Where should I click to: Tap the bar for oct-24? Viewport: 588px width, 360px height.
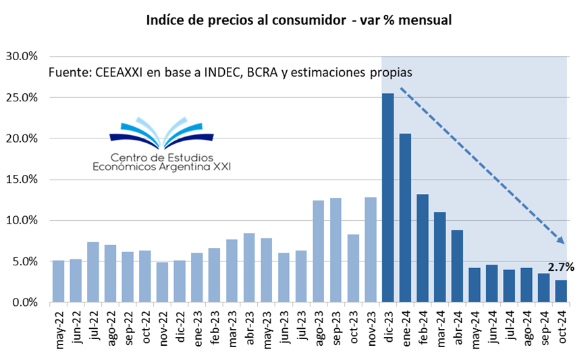(x=561, y=291)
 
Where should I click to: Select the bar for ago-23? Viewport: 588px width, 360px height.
(x=318, y=251)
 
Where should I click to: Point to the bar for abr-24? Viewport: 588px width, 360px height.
(x=457, y=266)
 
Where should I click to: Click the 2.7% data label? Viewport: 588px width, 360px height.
(x=560, y=267)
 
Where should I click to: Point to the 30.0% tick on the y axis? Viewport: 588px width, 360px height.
(x=22, y=56)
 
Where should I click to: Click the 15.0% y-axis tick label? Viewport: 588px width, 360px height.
(x=22, y=180)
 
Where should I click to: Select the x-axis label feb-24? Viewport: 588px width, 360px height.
(x=423, y=328)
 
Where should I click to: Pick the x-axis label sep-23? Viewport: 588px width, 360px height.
(x=336, y=328)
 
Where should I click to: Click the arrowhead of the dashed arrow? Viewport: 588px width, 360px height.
(x=560, y=238)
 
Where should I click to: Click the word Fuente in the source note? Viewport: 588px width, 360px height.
(x=68, y=72)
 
